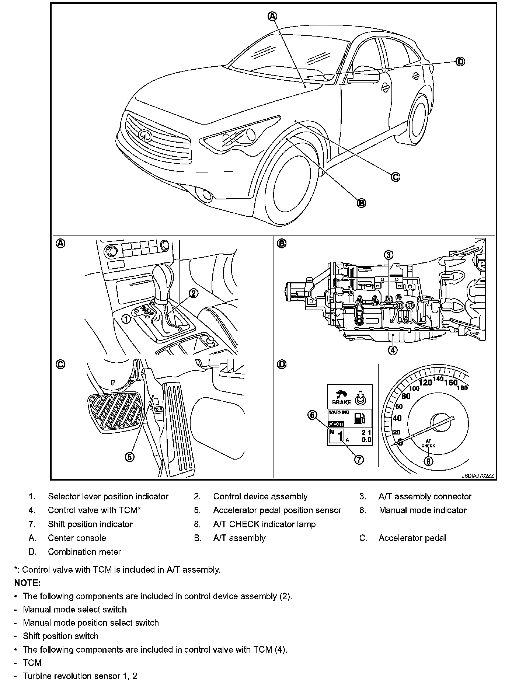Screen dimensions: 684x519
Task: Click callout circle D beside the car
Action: pos(460,62)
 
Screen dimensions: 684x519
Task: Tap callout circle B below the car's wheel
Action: pos(361,203)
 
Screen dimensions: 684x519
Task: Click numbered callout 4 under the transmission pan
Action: pos(393,350)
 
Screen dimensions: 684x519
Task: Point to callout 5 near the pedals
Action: pos(130,457)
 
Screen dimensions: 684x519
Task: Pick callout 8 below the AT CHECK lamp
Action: pos(428,461)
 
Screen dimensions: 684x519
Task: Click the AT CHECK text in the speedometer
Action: pos(428,443)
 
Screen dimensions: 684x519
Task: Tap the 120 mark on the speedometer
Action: pos(426,383)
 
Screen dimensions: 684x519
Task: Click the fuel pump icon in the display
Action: pos(360,418)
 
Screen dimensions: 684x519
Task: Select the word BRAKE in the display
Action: pos(341,402)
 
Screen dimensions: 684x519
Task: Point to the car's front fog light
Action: pos(205,195)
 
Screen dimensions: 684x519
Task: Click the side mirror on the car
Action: pos(366,77)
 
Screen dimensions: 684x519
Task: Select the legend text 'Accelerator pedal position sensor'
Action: pos(277,510)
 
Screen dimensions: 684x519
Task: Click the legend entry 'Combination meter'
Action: pos(84,552)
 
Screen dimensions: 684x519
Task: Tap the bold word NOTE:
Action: pos(27,583)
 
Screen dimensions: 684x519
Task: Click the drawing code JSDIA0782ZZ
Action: pos(477,476)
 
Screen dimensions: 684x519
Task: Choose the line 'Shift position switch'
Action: pos(60,636)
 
